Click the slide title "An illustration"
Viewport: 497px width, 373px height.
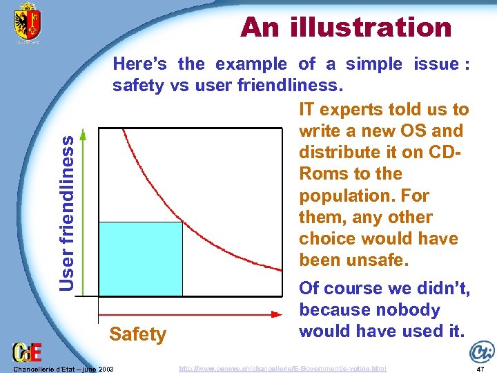coord(346,28)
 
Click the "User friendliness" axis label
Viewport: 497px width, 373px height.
coord(66,212)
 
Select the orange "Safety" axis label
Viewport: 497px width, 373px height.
coord(138,334)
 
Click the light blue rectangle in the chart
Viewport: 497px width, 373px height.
coord(141,259)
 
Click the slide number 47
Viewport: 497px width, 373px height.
coord(482,369)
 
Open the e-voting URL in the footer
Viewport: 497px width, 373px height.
coord(282,369)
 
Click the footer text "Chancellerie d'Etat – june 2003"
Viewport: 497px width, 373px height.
coord(63,369)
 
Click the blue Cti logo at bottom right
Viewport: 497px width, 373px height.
coord(481,351)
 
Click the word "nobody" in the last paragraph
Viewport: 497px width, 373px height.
coord(407,309)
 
